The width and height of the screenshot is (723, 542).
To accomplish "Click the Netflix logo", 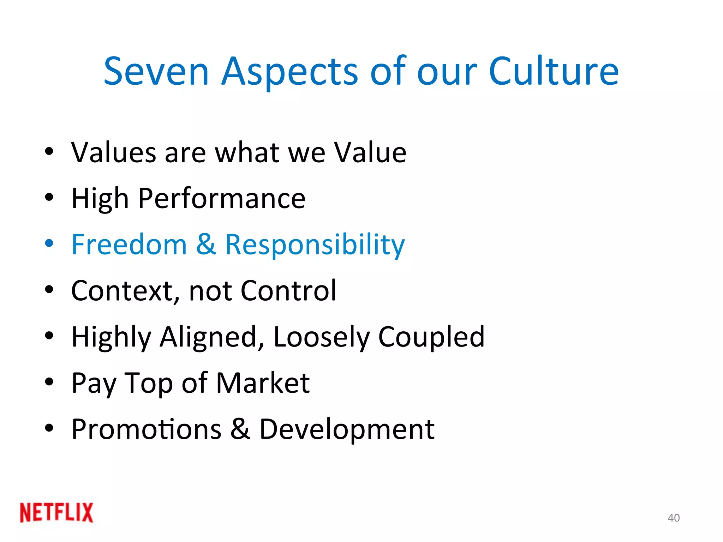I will coord(56,512).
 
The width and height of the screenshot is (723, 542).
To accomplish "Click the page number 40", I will coord(674,518).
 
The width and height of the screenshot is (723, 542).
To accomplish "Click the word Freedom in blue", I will coord(129,245).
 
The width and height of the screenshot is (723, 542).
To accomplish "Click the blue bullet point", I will coord(49,243).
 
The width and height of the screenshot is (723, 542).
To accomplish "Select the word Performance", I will coord(222,199).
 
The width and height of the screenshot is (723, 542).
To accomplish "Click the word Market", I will coord(263,383).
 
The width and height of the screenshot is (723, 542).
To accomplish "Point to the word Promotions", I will coord(146,429).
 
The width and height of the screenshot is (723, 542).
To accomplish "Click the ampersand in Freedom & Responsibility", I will coord(206,245).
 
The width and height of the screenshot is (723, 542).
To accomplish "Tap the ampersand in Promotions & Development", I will coord(240,429).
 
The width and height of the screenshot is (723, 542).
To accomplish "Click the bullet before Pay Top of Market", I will coord(49,382).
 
